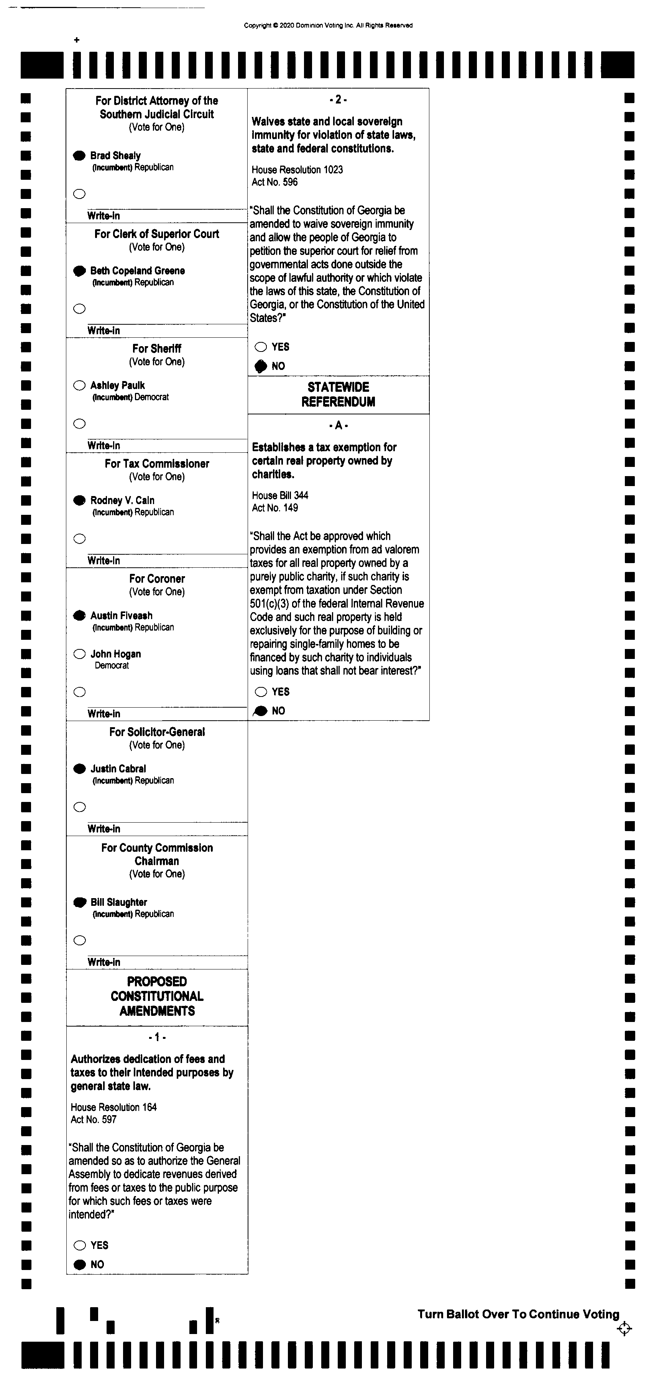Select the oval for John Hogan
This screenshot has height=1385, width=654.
[80, 654]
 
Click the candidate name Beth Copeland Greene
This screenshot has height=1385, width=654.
[137, 270]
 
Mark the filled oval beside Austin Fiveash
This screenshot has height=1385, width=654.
[80, 615]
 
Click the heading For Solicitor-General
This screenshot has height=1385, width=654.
[157, 732]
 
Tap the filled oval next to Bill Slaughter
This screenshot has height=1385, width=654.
[80, 902]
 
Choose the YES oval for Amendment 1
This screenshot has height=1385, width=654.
[80, 1245]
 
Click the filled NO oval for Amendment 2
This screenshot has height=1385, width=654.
[261, 366]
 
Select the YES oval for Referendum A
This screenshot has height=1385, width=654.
[261, 692]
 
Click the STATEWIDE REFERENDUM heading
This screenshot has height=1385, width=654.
[338, 394]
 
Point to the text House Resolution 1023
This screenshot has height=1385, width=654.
[297, 170]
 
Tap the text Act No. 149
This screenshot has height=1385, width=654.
[275, 508]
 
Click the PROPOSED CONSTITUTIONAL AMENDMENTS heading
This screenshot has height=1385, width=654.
[157, 996]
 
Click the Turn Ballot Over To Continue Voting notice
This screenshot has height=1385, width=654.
[518, 1314]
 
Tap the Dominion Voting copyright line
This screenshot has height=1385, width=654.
[328, 25]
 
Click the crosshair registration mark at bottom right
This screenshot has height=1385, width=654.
[624, 1329]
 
